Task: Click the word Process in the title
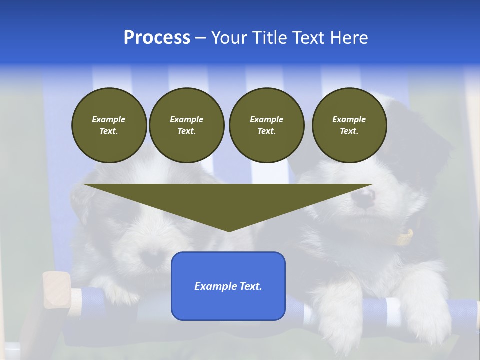tap(157, 38)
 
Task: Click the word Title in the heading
tap(267, 38)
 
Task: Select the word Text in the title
tap(306, 38)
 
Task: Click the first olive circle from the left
tap(109, 125)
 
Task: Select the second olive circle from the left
tap(186, 125)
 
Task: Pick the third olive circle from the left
tap(266, 125)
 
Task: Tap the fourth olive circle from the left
tap(349, 125)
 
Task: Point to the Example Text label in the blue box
tap(228, 286)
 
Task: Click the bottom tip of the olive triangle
tap(229, 230)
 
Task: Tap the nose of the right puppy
tap(363, 199)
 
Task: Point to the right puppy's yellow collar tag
tap(406, 237)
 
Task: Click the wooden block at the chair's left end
tap(56, 290)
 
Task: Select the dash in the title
tap(201, 38)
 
